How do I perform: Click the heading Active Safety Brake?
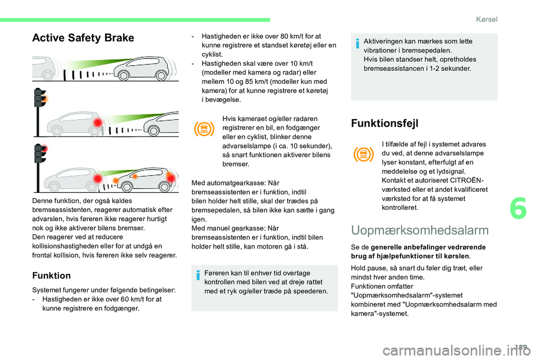point(83,38)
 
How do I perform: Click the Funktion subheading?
point(51,276)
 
